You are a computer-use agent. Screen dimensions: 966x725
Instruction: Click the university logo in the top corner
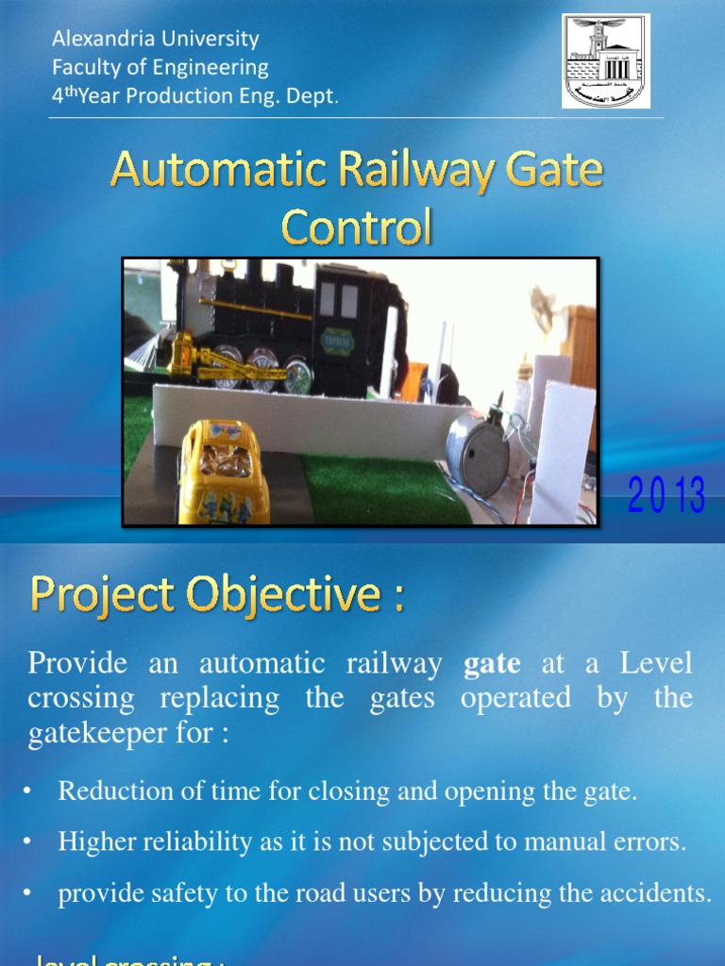click(605, 61)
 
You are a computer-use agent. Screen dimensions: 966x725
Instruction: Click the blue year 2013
click(667, 496)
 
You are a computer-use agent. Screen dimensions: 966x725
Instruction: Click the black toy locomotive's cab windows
click(338, 300)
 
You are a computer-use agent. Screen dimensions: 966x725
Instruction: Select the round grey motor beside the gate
click(477, 453)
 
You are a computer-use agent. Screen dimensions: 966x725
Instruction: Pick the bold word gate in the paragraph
click(492, 663)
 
